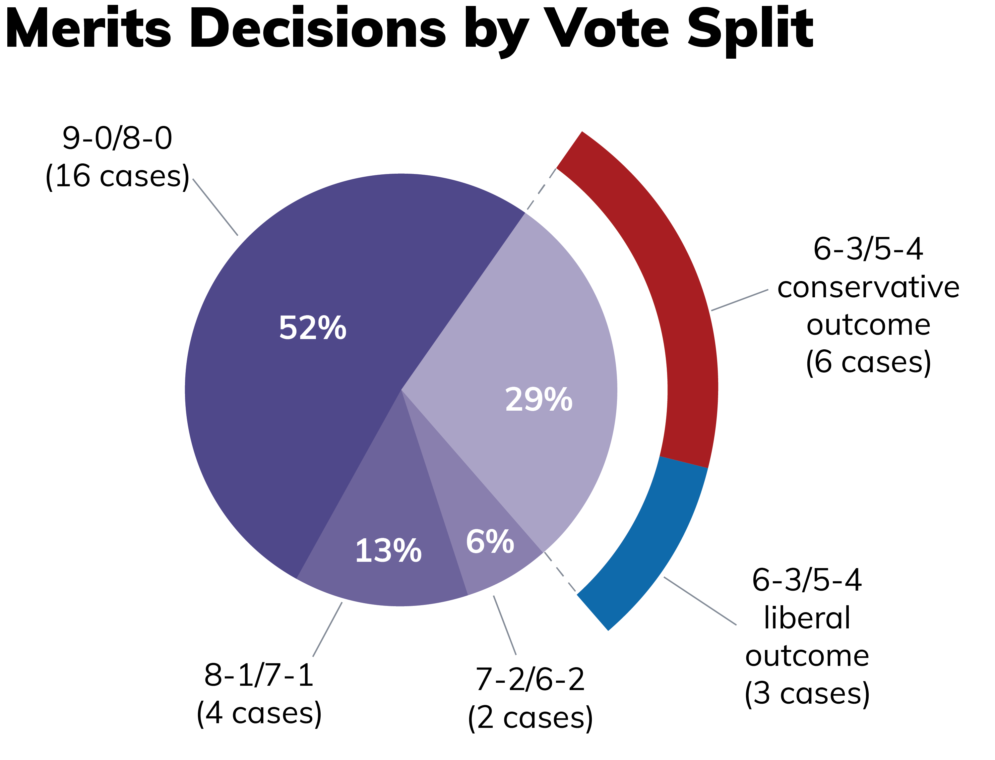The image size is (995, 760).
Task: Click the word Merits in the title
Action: [88, 28]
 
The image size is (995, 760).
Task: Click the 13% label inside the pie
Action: [388, 551]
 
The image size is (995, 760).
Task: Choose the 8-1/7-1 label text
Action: [259, 675]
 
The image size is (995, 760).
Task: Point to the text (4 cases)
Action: [259, 713]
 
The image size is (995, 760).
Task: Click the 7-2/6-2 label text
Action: [530, 679]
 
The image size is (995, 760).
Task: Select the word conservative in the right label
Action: [868, 287]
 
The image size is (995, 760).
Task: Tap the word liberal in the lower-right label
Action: [807, 617]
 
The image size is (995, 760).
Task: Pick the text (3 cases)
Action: [807, 693]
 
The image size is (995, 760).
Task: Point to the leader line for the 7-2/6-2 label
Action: [505, 625]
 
